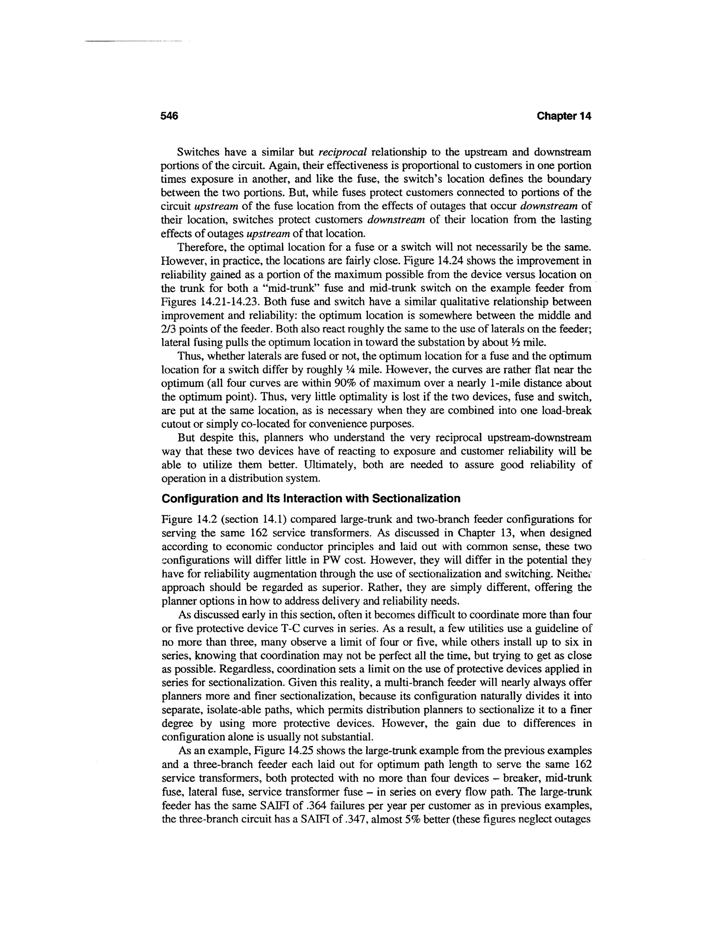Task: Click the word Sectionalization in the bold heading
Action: pyautogui.click(x=416, y=499)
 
